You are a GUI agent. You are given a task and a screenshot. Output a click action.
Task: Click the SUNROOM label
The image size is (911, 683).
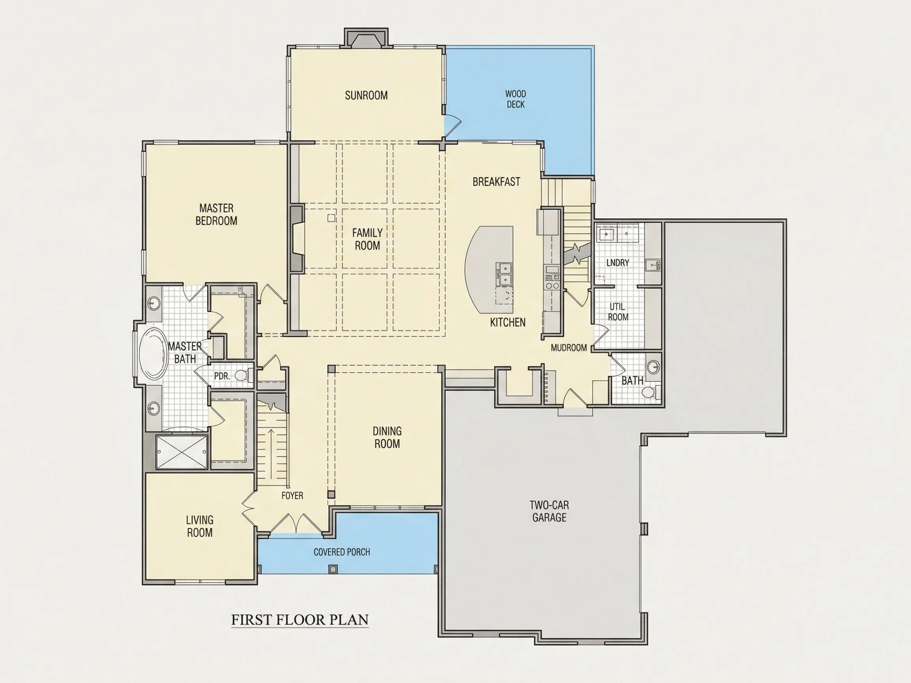(x=366, y=96)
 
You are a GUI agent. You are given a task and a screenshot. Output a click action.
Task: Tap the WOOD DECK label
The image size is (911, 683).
(x=516, y=99)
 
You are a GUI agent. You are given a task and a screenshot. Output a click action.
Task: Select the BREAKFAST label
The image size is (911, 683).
(x=496, y=181)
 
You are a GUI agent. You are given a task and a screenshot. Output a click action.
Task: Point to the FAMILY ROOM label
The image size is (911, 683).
(x=367, y=239)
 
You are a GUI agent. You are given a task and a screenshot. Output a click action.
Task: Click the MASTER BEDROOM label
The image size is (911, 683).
(x=216, y=215)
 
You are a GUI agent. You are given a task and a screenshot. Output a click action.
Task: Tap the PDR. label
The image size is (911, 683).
(x=221, y=376)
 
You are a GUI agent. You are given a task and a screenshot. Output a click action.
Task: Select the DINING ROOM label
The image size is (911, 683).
(x=387, y=437)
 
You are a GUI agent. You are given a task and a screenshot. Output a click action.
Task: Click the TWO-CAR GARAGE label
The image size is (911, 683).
(x=549, y=511)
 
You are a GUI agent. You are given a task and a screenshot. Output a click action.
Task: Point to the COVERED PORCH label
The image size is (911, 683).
(x=342, y=552)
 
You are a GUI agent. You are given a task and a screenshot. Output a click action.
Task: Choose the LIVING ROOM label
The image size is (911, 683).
(x=200, y=526)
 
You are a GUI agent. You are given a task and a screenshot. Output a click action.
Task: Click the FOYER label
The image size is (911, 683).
(x=293, y=496)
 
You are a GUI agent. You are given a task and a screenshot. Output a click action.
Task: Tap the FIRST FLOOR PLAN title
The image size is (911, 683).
(x=300, y=620)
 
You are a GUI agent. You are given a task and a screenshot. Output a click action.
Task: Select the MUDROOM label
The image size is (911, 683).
(x=569, y=348)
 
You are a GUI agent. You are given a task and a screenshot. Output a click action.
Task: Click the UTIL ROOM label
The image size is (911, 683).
(x=618, y=311)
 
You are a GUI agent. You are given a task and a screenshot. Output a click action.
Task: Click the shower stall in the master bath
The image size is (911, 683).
(x=181, y=452)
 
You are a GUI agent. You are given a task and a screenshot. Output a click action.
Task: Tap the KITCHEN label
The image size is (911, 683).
(x=508, y=323)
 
